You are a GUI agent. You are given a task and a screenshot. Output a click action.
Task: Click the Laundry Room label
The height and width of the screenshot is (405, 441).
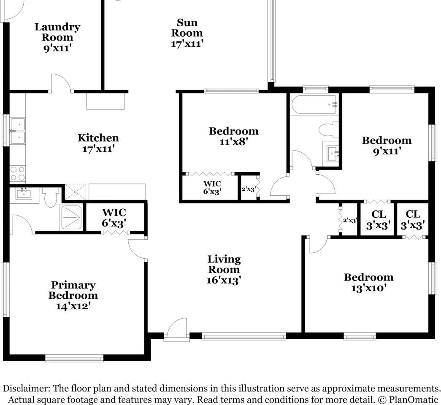[x=57, y=32]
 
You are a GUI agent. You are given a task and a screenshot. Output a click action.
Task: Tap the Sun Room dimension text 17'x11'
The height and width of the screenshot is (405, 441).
[x=187, y=43]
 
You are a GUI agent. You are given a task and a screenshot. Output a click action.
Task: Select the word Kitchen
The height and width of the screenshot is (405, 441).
[x=98, y=138]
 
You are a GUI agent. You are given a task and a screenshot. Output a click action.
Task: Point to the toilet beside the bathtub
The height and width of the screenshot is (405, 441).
[x=329, y=130]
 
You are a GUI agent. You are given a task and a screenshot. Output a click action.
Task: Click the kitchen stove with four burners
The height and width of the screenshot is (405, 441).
[x=17, y=174]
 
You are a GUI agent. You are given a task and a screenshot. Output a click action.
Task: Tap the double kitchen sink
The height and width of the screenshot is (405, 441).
[x=17, y=131]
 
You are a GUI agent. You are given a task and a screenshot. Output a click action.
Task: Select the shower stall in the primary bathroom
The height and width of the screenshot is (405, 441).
[x=71, y=217]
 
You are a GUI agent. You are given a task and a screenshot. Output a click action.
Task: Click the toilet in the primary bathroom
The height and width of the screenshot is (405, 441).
[x=51, y=197]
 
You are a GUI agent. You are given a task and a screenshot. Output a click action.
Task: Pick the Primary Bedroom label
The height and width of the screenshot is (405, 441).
[x=73, y=290]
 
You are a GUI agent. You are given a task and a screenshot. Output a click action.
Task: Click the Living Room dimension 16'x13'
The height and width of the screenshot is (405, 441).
[x=223, y=280]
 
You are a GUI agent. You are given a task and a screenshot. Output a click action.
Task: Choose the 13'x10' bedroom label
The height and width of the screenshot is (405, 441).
[x=368, y=283]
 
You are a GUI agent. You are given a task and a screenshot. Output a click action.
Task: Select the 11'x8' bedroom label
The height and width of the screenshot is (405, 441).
[x=233, y=136]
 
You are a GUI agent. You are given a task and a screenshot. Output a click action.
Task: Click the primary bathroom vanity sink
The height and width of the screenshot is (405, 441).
[x=24, y=194]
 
